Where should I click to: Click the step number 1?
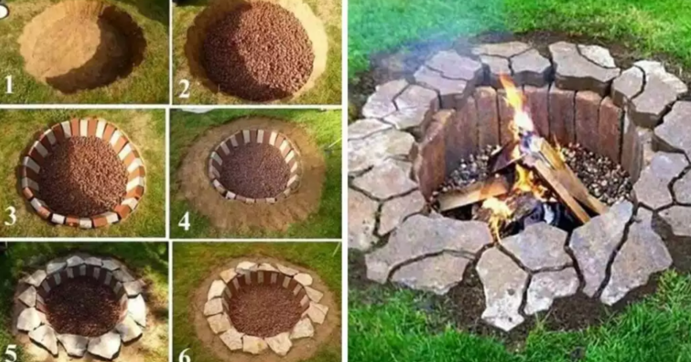[9, 84]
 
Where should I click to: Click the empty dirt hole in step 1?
[82, 46]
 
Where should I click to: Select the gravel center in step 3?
[83, 176]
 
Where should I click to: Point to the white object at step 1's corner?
[3, 12]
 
